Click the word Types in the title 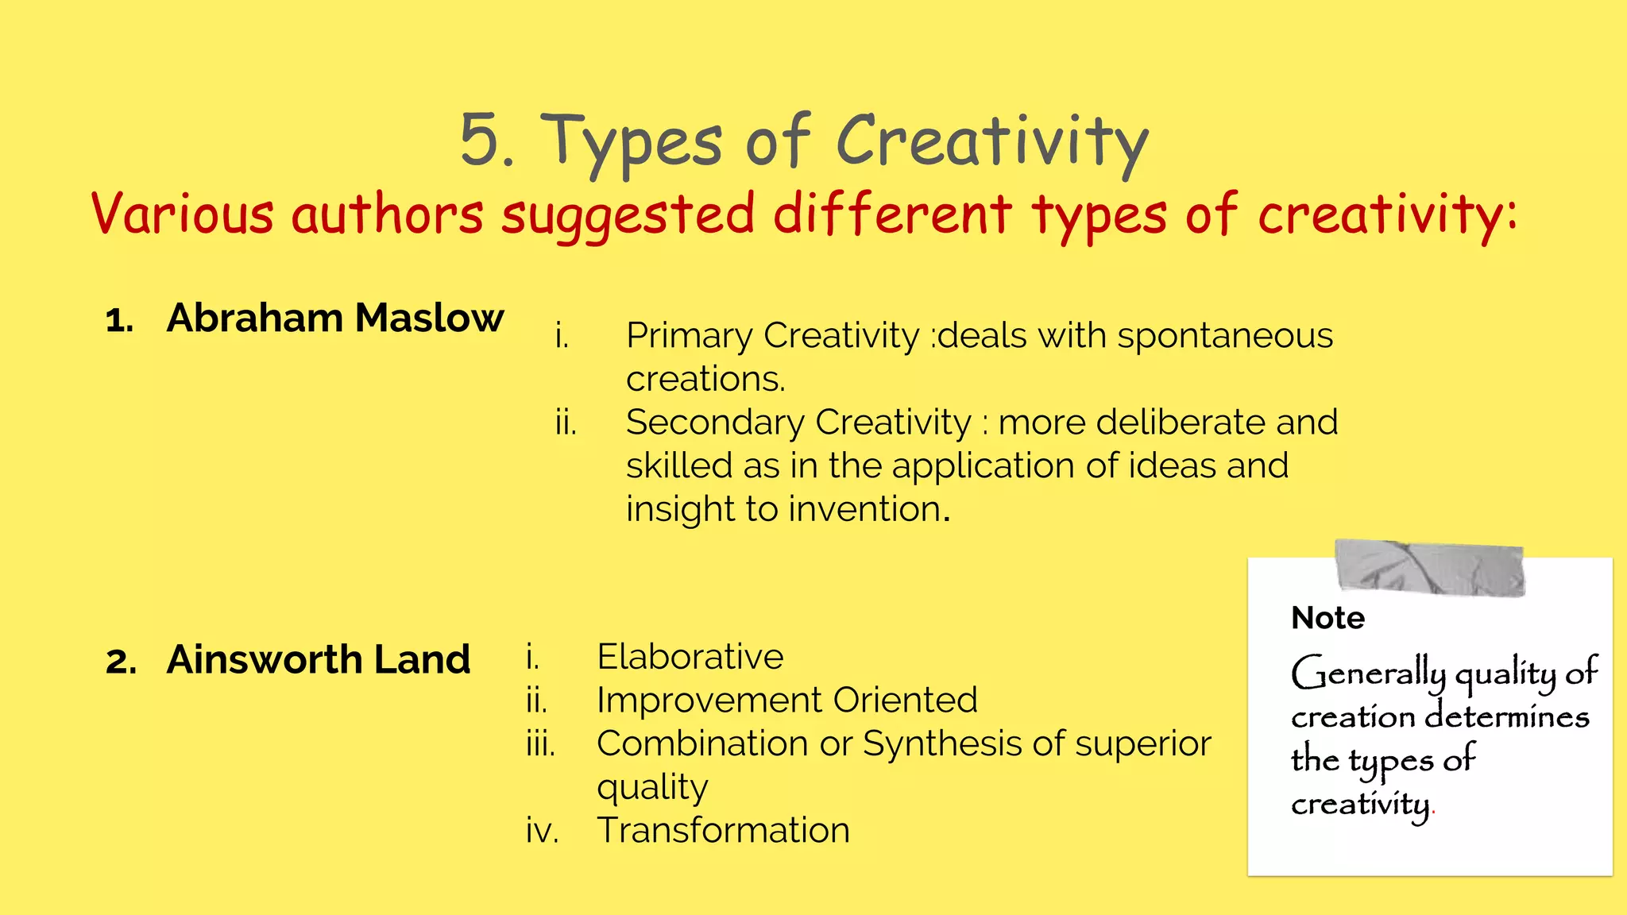(x=632, y=143)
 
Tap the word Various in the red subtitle (x=183, y=214)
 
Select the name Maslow (x=429, y=318)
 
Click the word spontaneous (x=1225, y=336)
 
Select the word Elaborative (x=690, y=657)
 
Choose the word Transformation (x=723, y=831)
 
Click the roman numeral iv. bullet (x=542, y=831)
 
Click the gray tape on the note (x=1429, y=568)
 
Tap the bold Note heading (x=1327, y=618)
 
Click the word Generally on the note (x=1368, y=674)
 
